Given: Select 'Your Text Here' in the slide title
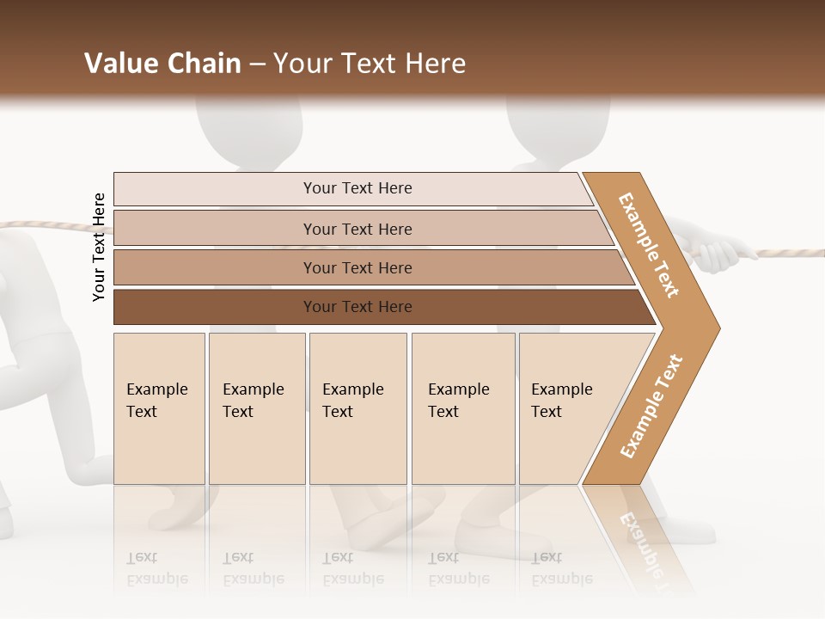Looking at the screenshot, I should click(370, 64).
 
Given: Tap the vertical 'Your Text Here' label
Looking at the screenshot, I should click(99, 247).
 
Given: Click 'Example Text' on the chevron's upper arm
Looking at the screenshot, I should click(649, 245).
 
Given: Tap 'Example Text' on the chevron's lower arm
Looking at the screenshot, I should click(651, 406).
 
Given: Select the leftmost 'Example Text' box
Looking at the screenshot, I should click(159, 408).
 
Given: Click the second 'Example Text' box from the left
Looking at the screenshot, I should click(256, 408).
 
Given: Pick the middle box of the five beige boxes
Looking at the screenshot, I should click(357, 408).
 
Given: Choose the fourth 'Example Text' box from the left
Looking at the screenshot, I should click(462, 408).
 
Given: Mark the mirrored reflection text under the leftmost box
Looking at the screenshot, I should click(156, 568).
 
